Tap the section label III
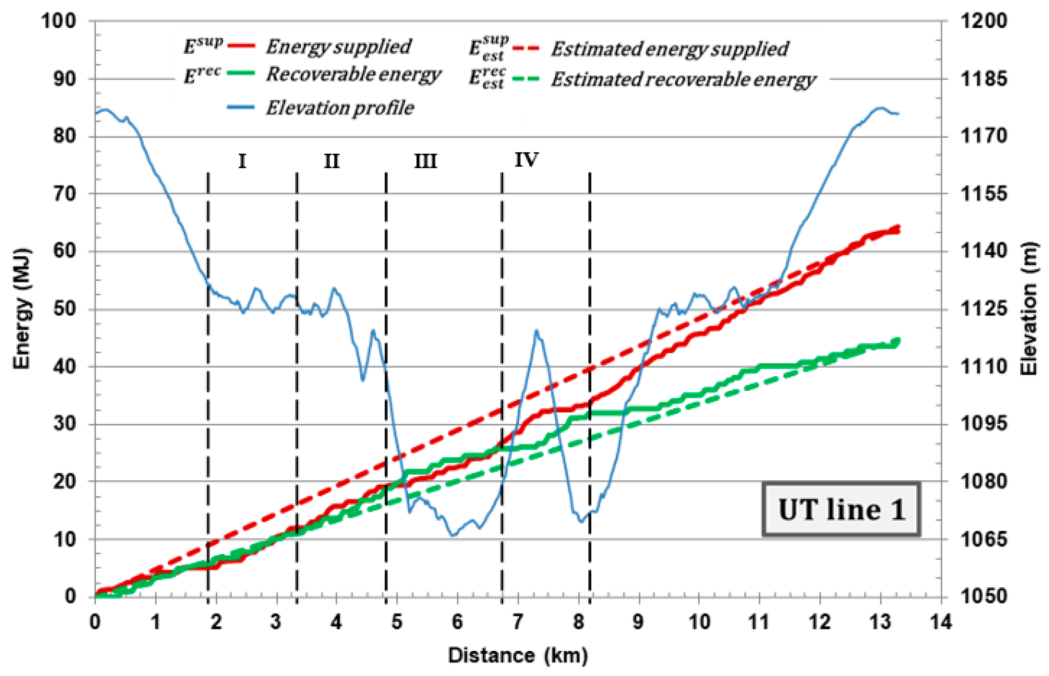tap(425, 162)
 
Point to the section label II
tap(331, 162)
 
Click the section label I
tap(242, 162)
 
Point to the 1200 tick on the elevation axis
tap(984, 21)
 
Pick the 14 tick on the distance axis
tap(940, 622)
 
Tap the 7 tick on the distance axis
tap(518, 622)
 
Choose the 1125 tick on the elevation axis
tap(984, 309)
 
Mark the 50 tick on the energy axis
tap(64, 309)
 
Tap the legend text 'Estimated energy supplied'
tap(669, 49)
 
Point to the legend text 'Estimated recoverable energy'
tap(683, 79)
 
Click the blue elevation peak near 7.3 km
tap(536, 332)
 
